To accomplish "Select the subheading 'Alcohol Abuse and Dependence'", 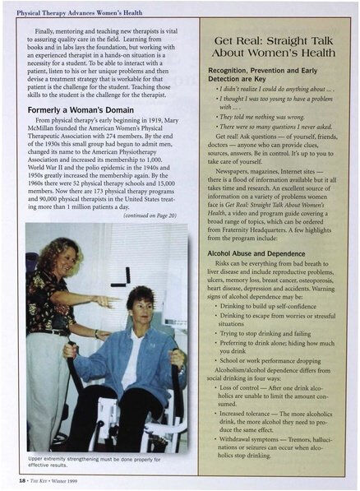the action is (x=254, y=253).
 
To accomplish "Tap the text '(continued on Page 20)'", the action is (x=156, y=216).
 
